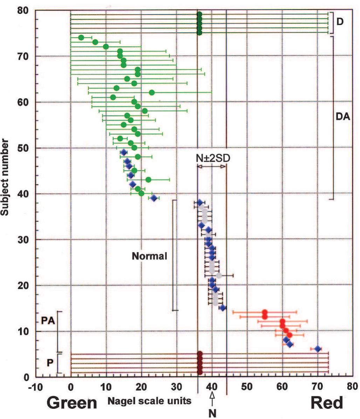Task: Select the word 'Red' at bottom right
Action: coord(327,403)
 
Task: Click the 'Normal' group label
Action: coord(149,256)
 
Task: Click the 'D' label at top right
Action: coord(340,22)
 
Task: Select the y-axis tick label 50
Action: coord(23,148)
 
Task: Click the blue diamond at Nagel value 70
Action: coord(318,349)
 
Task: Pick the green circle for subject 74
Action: coord(81,38)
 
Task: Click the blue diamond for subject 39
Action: coord(153,198)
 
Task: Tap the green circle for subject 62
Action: coord(151,93)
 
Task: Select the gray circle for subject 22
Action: coord(219,276)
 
